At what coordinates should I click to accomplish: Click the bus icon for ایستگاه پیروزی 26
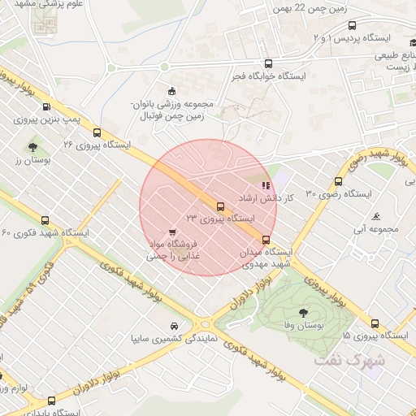[x=97, y=132]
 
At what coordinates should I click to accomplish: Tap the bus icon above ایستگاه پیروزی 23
[x=220, y=206]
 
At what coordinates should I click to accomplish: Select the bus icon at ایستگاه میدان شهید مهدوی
[x=266, y=240]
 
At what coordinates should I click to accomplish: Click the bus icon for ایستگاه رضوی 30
[x=338, y=182]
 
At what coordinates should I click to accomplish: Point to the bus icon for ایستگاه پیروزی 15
[x=375, y=323]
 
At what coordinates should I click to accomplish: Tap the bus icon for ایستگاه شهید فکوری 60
[x=45, y=220]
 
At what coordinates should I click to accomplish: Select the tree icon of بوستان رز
[x=32, y=147]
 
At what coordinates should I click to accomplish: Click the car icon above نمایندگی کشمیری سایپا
[x=172, y=326]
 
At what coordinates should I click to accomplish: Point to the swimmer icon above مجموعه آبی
[x=375, y=217]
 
